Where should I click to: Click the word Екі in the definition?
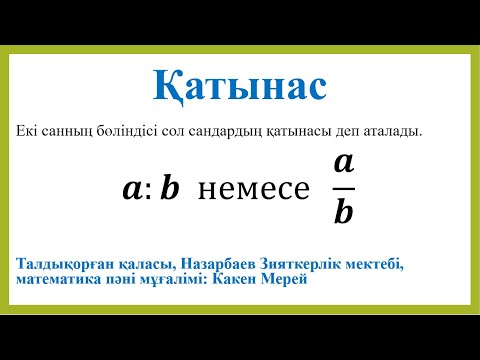[29, 131]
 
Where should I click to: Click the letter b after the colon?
[168, 188]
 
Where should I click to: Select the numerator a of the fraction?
[343, 162]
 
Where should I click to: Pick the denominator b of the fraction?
[343, 211]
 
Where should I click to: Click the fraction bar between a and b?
[343, 187]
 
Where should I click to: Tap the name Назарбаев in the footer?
[219, 263]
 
